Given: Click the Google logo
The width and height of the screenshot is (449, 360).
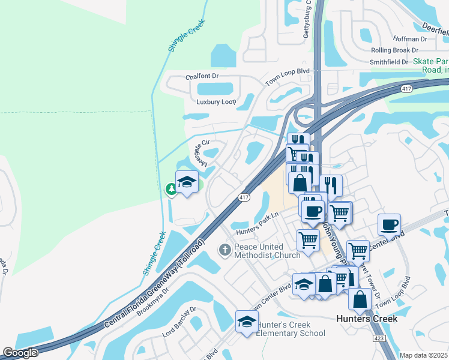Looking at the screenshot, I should (20, 353).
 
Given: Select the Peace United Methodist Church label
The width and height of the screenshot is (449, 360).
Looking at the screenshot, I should (267, 251).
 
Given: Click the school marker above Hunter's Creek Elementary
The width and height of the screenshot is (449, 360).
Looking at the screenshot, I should (247, 322).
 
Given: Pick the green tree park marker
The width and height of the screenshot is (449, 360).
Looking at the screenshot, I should (172, 190).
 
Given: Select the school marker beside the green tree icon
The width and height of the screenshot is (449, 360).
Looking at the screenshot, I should (187, 182).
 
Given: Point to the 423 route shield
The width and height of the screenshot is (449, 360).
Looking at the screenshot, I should (379, 338).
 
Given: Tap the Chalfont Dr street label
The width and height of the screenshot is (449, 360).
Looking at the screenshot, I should (202, 77).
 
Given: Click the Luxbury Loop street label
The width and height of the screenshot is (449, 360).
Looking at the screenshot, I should (212, 102).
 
